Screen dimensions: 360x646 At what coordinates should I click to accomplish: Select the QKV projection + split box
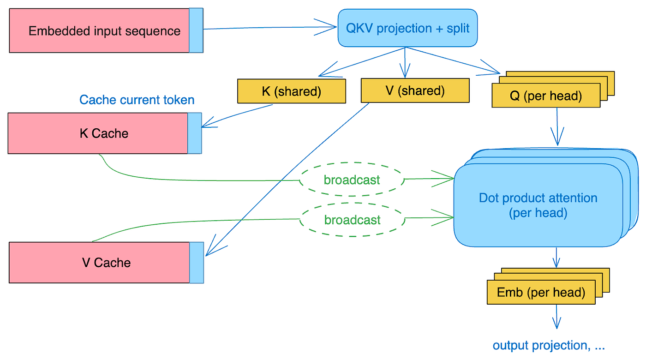407,28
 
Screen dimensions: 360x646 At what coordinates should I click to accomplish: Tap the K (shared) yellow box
291,91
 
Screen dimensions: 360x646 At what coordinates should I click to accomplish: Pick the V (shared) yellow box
414,90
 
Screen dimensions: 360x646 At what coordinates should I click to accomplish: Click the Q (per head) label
546,96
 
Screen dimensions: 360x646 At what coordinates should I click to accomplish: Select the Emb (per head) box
541,293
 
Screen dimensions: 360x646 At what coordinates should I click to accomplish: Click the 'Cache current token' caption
137,100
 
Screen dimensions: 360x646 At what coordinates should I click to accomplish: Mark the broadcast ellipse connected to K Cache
352,180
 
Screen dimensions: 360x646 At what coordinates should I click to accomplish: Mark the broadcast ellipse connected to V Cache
352,220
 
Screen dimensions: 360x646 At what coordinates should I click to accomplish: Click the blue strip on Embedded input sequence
196,30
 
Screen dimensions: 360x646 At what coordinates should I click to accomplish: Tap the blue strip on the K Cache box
195,133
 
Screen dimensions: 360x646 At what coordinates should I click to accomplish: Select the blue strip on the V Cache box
197,263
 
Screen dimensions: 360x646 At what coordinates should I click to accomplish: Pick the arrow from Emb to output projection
556,318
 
